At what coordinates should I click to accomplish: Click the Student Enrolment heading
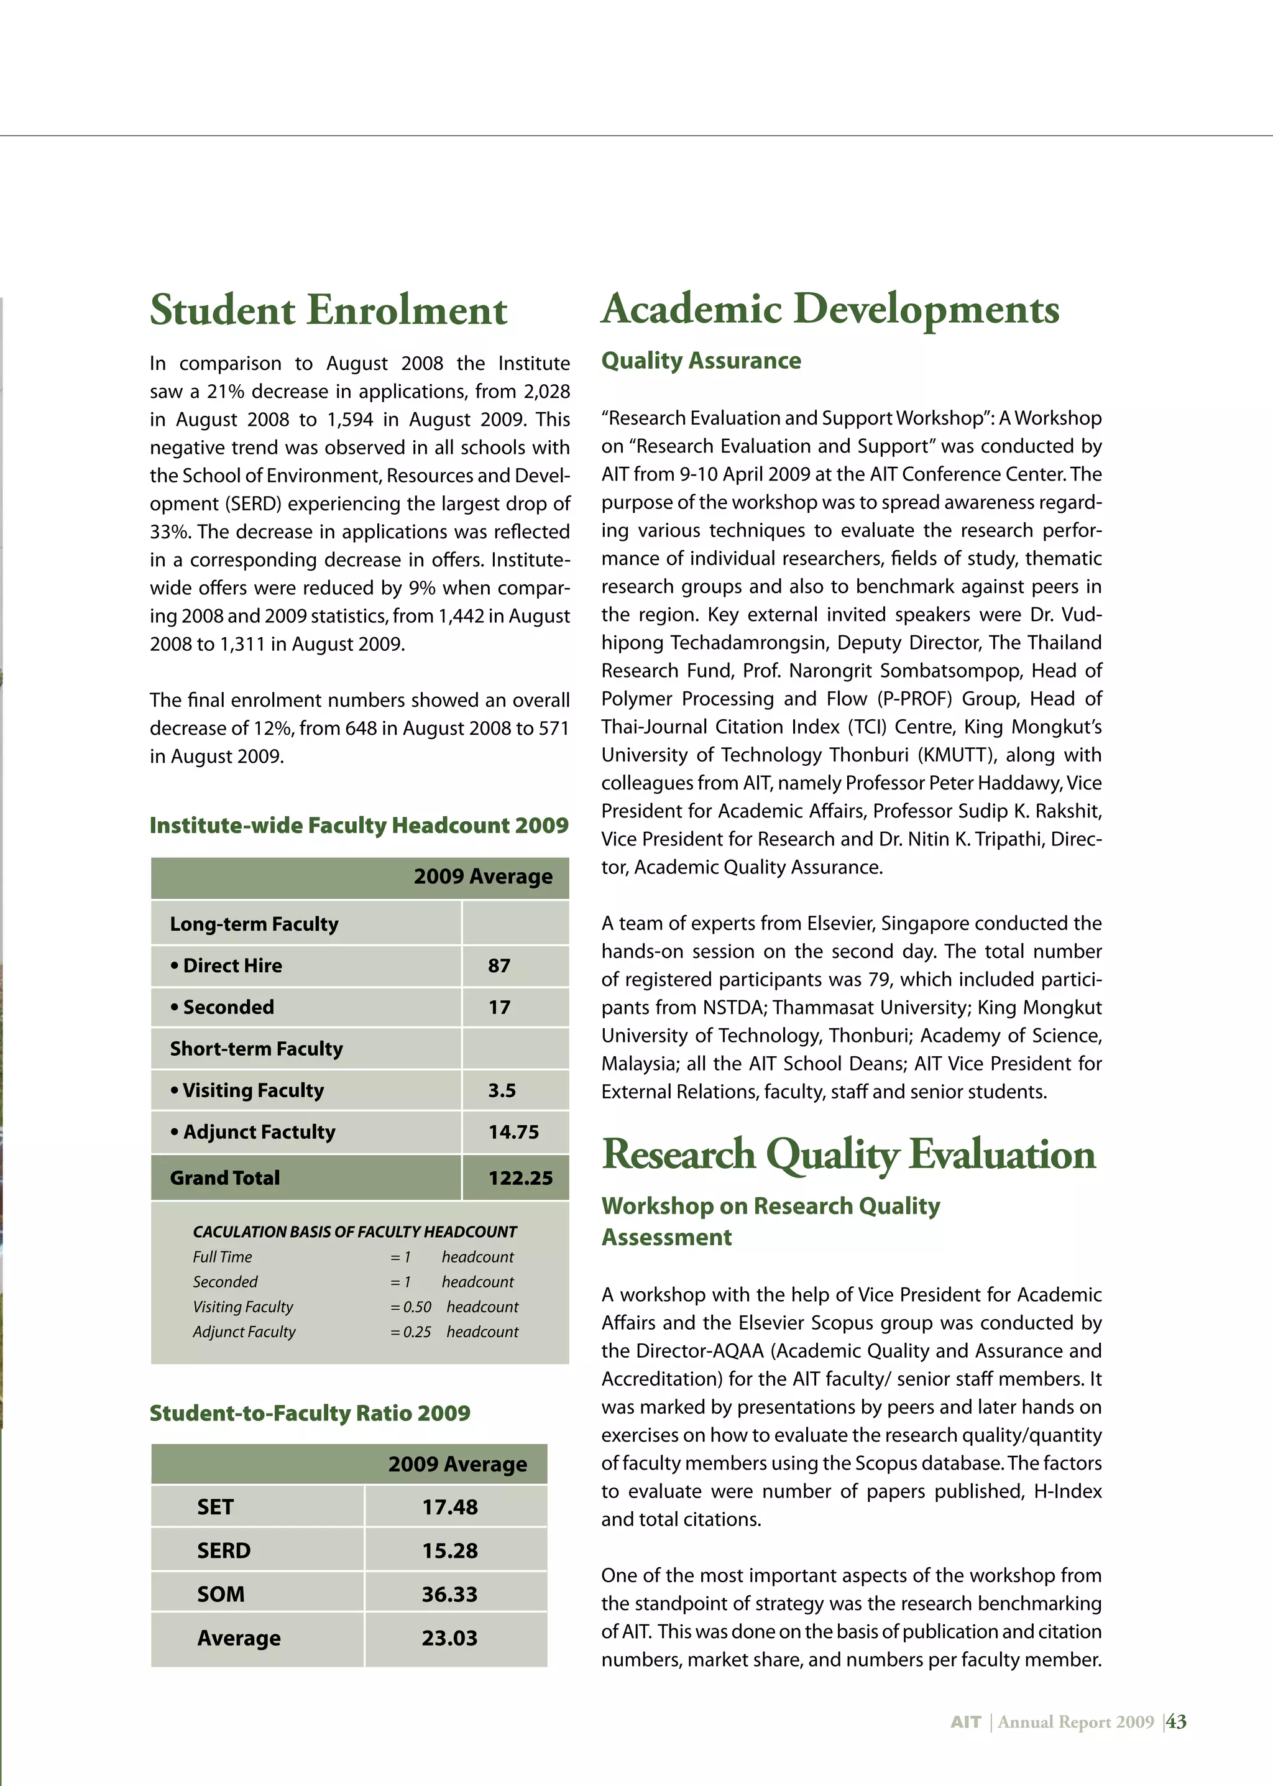coord(328,310)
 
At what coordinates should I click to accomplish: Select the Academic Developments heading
coord(830,309)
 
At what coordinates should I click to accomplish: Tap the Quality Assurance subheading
coord(701,361)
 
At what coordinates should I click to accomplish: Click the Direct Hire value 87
coord(499,966)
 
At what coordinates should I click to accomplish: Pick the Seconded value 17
coord(499,1008)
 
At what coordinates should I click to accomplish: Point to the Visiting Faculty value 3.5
coord(502,1090)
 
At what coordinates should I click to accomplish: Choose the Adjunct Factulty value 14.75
coord(513,1132)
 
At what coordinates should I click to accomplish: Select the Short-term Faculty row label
coord(256,1049)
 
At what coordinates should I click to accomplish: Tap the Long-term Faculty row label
coord(254,924)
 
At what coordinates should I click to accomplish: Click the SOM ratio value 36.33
coord(449,1595)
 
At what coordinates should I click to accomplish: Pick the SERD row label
coord(224,1551)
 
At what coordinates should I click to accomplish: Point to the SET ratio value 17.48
coord(450,1507)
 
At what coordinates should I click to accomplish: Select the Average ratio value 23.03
coord(449,1639)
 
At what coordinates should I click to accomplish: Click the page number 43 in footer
coord(1177,1722)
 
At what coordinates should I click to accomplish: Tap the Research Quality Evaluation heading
coord(848,1155)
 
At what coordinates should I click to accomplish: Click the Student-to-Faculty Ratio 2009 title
coord(310,1414)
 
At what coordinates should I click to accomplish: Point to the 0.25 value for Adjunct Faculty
coord(417,1332)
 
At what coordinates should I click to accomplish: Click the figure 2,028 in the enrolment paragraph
coord(546,391)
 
